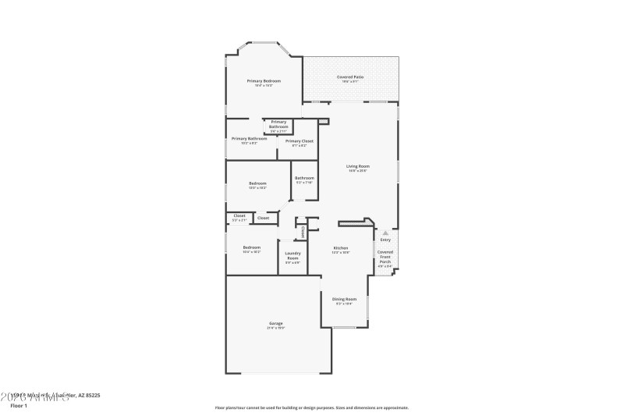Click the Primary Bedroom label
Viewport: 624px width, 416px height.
coord(264,81)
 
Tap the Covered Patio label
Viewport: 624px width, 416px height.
coord(350,77)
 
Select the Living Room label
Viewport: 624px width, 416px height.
coord(358,166)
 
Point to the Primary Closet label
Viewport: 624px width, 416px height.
coord(299,141)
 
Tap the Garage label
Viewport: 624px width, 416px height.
coord(275,323)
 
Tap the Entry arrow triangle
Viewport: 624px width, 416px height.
coord(385,233)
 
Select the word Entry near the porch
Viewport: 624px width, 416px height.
coord(385,240)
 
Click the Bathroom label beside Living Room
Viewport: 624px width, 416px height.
coord(304,178)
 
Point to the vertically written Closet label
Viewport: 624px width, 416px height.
coord(303,231)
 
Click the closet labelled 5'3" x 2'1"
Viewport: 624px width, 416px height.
coord(239,216)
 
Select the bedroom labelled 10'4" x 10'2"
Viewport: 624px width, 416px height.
coord(251,248)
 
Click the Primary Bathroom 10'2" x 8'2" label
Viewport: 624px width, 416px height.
coord(249,139)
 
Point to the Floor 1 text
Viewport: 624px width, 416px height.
coord(19,406)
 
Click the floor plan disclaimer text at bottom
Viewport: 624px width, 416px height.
coord(311,407)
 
